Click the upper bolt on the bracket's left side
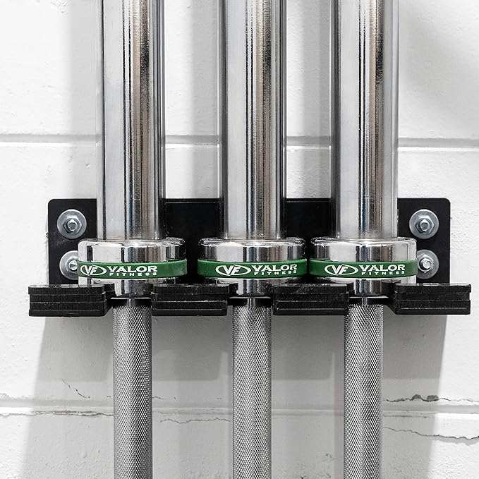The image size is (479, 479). [x=72, y=224]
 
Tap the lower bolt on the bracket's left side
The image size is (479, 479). [x=69, y=265]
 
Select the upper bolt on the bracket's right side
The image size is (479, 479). [x=424, y=224]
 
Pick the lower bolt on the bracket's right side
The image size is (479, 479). [x=427, y=264]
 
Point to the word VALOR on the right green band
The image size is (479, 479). [x=382, y=269]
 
